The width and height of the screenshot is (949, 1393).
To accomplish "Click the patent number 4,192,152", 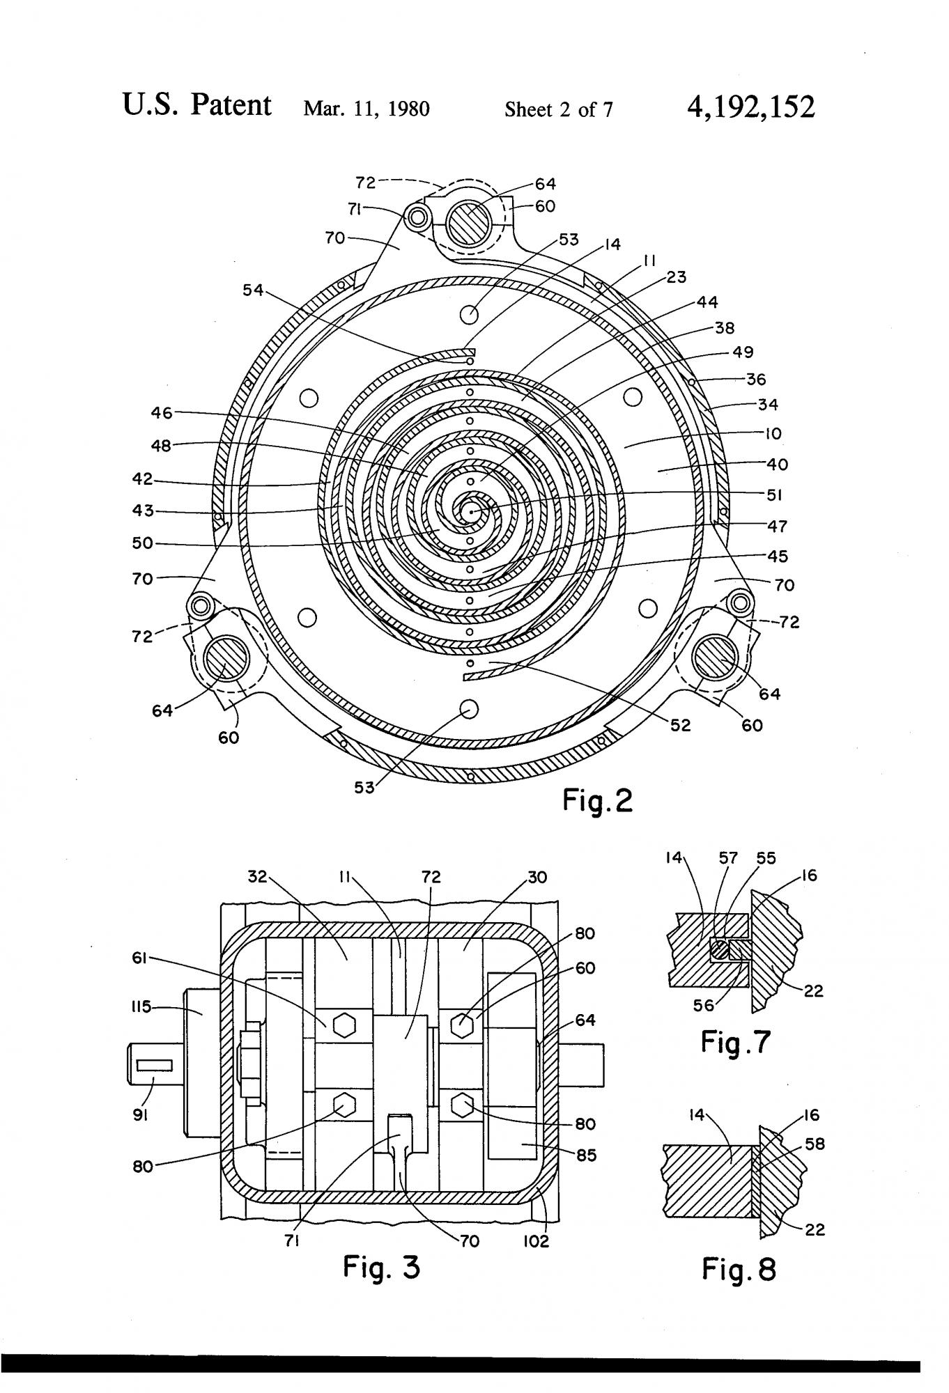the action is click(x=750, y=107).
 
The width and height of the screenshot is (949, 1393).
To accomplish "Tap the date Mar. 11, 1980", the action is click(x=367, y=109).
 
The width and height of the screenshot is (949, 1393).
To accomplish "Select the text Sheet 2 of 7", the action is click(x=559, y=109).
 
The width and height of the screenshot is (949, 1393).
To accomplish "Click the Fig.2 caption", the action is click(x=597, y=802).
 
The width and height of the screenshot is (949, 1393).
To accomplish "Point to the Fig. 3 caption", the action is click(x=381, y=1266).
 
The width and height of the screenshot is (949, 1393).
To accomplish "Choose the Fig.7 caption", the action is click(x=736, y=1043).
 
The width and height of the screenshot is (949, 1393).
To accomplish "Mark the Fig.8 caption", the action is click(x=738, y=1269).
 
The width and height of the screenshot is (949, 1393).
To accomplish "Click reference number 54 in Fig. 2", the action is click(x=253, y=290).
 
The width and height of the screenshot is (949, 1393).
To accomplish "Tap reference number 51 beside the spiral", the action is click(x=774, y=495).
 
